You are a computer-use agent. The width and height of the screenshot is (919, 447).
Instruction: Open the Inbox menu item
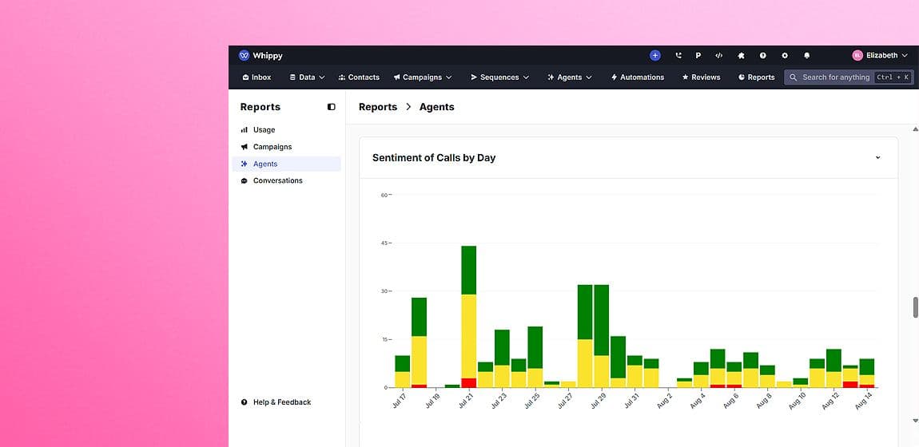pos(257,77)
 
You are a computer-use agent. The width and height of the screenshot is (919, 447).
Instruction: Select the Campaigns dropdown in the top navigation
pos(423,77)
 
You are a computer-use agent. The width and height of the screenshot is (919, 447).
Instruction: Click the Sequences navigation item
pos(499,77)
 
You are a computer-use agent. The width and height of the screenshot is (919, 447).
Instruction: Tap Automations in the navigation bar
pos(637,77)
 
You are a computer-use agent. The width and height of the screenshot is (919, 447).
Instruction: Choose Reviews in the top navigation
pos(701,77)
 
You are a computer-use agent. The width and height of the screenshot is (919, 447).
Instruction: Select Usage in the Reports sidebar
pos(264,130)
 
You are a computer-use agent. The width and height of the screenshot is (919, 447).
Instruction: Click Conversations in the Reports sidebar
pos(277,181)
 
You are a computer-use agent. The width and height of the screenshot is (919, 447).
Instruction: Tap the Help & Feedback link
pos(281,402)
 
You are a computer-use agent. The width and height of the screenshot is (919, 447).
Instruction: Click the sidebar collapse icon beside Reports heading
pos(332,107)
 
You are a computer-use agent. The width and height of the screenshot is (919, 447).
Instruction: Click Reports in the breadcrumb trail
pos(378,107)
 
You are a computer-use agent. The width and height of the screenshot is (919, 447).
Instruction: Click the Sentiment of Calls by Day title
pos(434,158)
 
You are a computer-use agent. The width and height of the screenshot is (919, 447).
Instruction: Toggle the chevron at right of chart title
pos(877,158)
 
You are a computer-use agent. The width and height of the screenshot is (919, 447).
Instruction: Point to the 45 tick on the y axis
pos(384,243)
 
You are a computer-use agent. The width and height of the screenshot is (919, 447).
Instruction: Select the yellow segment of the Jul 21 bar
pos(469,335)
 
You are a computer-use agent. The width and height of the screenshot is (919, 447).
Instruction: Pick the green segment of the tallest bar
pos(469,270)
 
